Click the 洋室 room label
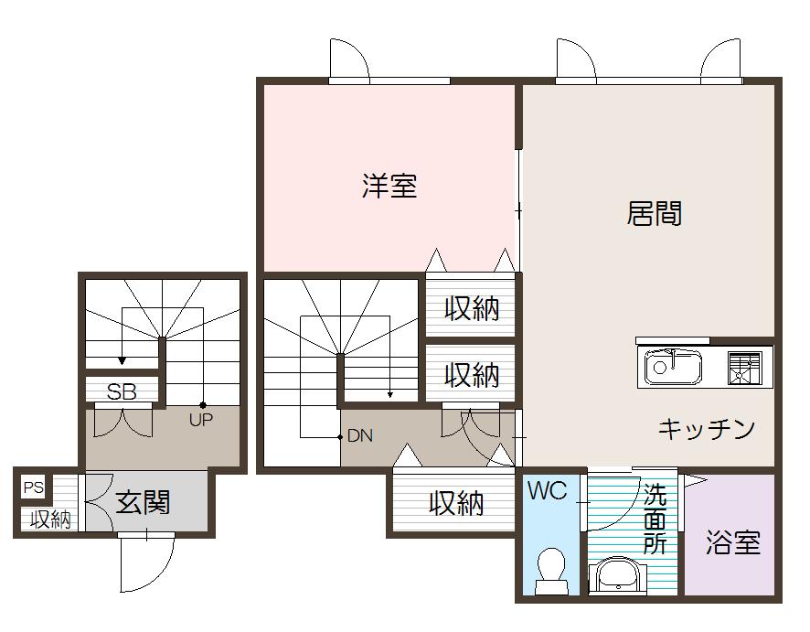tap(389, 187)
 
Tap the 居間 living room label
tap(655, 214)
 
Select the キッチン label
tap(707, 428)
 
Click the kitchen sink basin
tap(672, 368)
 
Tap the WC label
tap(547, 491)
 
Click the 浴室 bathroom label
tap(732, 542)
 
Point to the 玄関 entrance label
tap(144, 502)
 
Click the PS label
tap(34, 487)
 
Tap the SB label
tap(122, 392)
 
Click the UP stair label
tap(200, 421)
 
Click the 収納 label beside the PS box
tap(50, 520)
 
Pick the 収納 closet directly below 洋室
tap(472, 309)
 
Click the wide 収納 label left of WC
tap(456, 502)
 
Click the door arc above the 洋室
tap(350, 60)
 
